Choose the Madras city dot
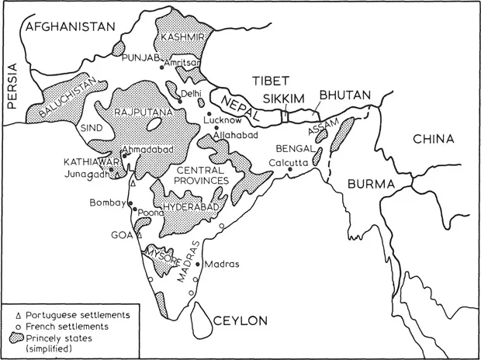tap(199, 264)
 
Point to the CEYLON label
tap(240, 320)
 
